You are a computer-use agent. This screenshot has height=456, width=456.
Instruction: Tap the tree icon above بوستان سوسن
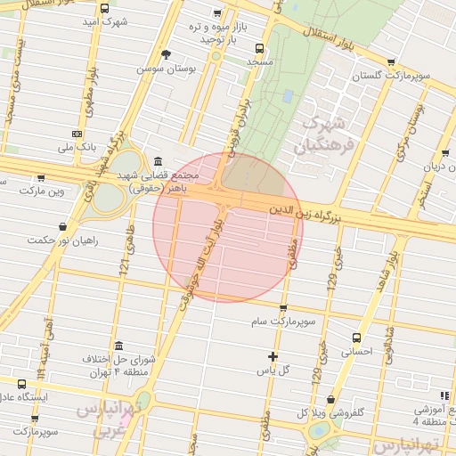tap(166, 54)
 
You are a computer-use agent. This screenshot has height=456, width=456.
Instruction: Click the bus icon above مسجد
tap(259, 49)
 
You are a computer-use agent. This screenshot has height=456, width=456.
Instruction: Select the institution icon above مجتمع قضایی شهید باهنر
tap(158, 161)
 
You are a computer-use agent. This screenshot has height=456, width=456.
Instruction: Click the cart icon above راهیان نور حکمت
tap(61, 226)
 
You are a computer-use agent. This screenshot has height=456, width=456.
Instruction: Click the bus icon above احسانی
tap(357, 338)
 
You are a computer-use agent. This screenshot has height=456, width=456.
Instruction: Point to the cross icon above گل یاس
tap(273, 356)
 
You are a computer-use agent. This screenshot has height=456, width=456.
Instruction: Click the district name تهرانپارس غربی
tap(102, 419)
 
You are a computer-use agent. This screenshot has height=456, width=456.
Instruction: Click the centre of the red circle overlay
tap(228, 228)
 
